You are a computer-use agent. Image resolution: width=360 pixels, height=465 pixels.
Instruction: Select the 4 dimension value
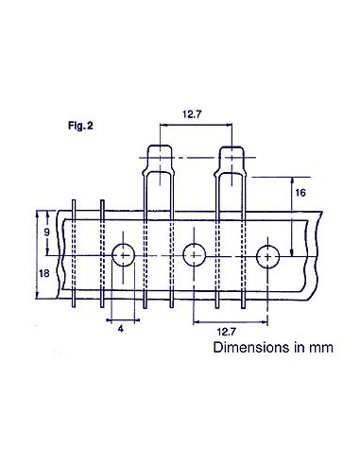coord(120,330)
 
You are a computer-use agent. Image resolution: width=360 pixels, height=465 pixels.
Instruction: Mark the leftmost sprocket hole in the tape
coord(123,254)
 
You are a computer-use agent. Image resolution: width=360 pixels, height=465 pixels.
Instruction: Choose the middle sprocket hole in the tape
coord(194,254)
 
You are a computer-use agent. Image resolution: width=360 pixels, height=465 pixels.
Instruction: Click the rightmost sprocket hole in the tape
coord(267,254)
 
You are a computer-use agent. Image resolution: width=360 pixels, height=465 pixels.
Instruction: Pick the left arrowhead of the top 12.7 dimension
coord(160,128)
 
